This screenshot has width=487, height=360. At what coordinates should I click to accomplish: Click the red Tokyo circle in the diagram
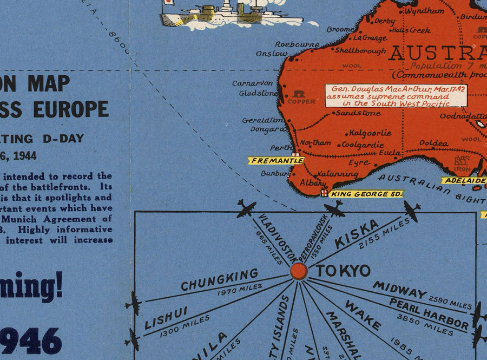pos(299,271)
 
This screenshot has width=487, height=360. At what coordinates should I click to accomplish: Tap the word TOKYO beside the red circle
pos(343,271)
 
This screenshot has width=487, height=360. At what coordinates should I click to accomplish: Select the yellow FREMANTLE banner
pos(275,160)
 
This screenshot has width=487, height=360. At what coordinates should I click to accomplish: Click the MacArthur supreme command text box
pos(396,95)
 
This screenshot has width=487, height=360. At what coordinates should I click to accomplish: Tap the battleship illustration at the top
pos(233,14)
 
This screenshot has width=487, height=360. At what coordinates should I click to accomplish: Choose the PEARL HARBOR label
pos(428,313)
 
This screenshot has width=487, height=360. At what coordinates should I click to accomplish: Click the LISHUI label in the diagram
pos(166,318)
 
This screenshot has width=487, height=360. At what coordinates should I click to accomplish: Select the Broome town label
pos(340,29)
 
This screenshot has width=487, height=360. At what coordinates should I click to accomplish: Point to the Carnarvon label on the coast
pos(252,83)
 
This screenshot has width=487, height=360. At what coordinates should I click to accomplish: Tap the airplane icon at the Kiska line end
pos(411,211)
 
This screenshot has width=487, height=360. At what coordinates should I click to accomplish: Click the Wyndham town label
pos(424,10)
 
